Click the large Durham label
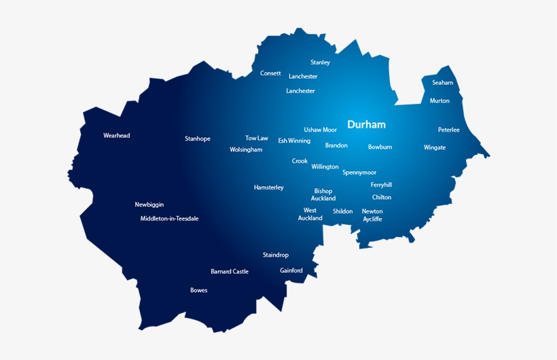pos(366,125)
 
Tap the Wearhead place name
pos(116,136)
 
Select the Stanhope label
pos(198,139)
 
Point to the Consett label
pos(270,73)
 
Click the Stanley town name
pos(320,62)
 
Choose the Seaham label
pos(442,83)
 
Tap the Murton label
pos(439,101)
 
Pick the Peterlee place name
pos(448,130)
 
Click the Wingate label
pos(435,147)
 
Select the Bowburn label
pos(380,147)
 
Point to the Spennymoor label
pos(359,173)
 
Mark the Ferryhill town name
pos(381,185)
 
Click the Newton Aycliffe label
pos(372,215)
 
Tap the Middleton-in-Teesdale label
pos(169,219)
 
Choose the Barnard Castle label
pos(230,272)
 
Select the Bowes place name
pos(198,291)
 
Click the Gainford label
pos(291,270)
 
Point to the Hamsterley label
pos(269,187)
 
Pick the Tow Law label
pos(257,138)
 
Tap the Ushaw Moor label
pos(320,130)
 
